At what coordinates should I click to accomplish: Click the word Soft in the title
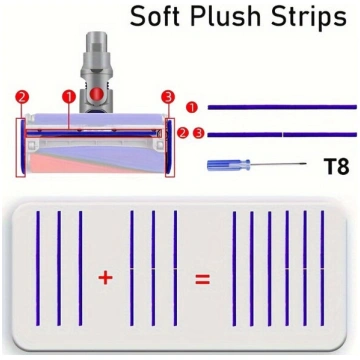[154, 16]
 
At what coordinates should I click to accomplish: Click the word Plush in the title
[225, 17]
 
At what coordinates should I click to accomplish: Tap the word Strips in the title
[309, 17]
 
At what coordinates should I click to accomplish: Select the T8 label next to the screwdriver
[336, 166]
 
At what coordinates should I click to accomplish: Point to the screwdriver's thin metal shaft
[278, 164]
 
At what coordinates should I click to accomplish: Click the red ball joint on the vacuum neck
[97, 94]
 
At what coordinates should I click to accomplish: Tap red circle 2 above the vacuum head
[22, 98]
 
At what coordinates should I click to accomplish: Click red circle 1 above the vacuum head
[69, 97]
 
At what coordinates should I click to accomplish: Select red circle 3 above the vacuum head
[168, 98]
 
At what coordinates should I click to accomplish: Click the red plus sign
[105, 278]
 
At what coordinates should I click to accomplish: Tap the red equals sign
[203, 279]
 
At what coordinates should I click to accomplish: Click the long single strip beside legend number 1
[282, 107]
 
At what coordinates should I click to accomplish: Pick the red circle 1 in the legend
[192, 107]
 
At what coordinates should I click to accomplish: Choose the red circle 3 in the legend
[199, 133]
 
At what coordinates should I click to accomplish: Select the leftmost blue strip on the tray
[38, 268]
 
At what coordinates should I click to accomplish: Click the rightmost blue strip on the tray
[322, 268]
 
